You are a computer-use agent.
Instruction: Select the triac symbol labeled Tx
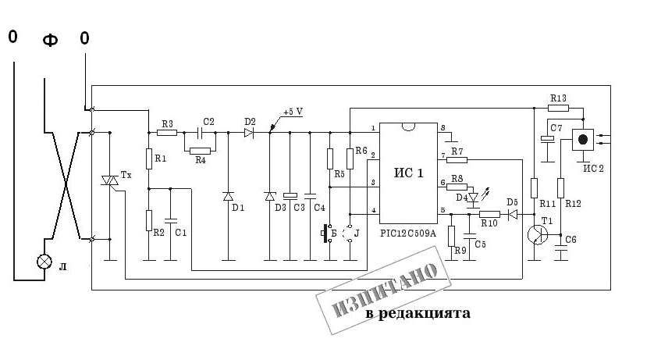(x=110, y=180)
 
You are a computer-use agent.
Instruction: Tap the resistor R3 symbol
(x=166, y=134)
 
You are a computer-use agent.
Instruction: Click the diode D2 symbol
(x=249, y=134)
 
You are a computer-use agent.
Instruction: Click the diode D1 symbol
(x=229, y=196)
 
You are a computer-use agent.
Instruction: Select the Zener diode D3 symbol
(x=270, y=196)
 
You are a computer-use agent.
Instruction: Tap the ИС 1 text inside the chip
(x=409, y=173)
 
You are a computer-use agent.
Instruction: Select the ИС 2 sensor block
(x=582, y=139)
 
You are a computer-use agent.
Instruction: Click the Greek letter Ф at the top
(x=49, y=40)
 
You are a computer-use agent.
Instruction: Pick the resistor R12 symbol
(x=560, y=188)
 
